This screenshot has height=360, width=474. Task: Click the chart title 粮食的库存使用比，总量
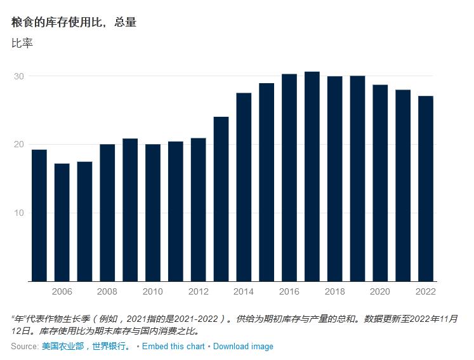74,22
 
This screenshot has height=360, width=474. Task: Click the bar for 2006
62,222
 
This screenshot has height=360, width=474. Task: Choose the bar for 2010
153,213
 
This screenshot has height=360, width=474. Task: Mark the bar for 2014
244,187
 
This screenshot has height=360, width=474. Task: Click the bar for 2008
107,213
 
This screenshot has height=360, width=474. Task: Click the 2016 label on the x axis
289,291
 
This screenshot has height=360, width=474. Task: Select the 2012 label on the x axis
199,291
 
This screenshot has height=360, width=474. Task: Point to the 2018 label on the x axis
335,291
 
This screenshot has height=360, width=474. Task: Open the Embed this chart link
173,347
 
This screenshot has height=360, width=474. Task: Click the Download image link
243,347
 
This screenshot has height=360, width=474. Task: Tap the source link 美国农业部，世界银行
86,347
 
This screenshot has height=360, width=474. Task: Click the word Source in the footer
24,347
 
